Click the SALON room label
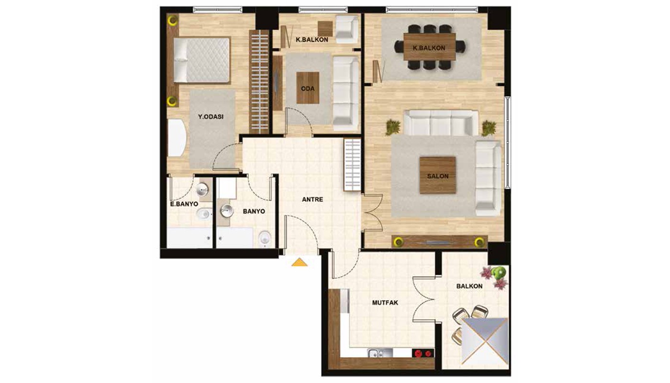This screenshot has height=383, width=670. click(x=437, y=176)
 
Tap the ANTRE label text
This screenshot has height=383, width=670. click(x=313, y=199)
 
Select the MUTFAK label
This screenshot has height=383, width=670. click(x=385, y=303)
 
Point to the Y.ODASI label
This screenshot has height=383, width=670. click(x=211, y=117)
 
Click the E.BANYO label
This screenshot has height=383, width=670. click(x=184, y=204)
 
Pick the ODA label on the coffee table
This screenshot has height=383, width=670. click(x=308, y=89)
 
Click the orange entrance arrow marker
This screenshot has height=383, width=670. click(x=300, y=262)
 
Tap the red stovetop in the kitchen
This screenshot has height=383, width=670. click(x=423, y=353)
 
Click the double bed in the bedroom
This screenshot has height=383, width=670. click(x=201, y=60)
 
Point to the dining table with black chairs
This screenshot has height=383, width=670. click(x=430, y=47)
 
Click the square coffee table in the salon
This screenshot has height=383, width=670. click(x=437, y=175)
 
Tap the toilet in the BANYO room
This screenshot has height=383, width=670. click(x=265, y=239)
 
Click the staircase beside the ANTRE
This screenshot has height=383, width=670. click(x=352, y=165)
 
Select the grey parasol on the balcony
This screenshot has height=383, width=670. click(x=485, y=341)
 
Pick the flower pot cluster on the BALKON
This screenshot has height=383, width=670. click(x=494, y=277)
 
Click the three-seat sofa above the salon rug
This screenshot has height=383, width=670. click(x=441, y=123)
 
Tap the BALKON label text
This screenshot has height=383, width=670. click(x=469, y=286)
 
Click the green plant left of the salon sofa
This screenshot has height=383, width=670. click(x=393, y=127)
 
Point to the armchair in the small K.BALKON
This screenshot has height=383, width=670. click(x=346, y=29)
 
